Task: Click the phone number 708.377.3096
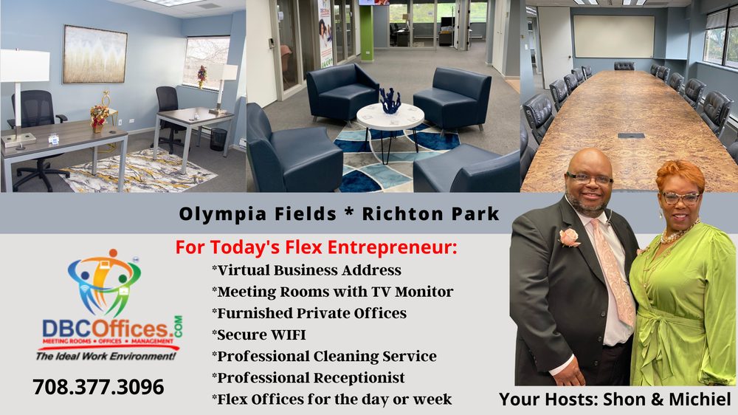(98, 387)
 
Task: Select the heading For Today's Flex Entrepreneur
(317, 247)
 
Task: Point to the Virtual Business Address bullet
(306, 270)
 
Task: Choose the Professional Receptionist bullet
(308, 377)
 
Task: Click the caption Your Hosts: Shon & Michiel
(615, 399)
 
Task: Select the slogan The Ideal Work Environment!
(107, 356)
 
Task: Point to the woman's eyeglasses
(680, 198)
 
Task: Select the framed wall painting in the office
(94, 54)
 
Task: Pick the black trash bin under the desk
(218, 139)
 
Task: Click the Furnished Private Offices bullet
(308, 313)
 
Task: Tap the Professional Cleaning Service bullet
(324, 356)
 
